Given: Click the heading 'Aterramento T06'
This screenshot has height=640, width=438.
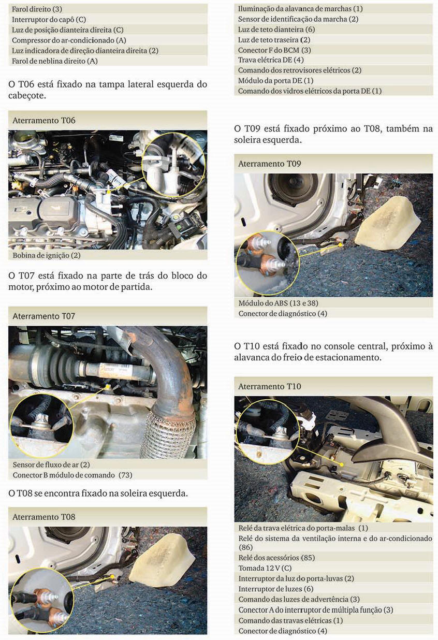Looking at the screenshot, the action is tap(43, 120).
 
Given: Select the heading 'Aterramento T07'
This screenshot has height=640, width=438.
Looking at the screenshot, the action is tap(43, 316).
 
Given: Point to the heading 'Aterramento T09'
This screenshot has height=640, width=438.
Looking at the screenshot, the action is tap(269, 164).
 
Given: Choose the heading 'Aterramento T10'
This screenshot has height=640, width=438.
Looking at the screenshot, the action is tap(269, 386).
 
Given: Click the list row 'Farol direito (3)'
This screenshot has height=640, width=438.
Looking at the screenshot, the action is tap(37, 9).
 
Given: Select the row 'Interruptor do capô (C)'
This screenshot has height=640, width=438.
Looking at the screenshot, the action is tap(49, 20).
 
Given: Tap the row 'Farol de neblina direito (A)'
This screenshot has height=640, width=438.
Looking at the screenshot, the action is tap(54, 61).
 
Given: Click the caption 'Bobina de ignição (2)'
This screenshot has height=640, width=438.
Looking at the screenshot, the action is tap(47, 255).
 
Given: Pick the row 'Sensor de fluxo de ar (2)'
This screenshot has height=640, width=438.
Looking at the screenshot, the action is tap(51, 464).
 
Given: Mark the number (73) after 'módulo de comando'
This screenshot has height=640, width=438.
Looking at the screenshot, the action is tap(125, 475).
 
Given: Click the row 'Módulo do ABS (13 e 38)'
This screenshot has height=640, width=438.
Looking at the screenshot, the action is tap(278, 303).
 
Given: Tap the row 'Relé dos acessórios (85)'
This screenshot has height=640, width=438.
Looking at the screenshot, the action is tap(276, 558).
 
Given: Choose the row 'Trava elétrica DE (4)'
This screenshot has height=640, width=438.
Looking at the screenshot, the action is tap(271, 60).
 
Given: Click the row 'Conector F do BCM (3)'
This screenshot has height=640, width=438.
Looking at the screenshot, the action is tap(274, 50).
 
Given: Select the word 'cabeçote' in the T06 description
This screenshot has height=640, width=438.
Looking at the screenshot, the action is tap(27, 96).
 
